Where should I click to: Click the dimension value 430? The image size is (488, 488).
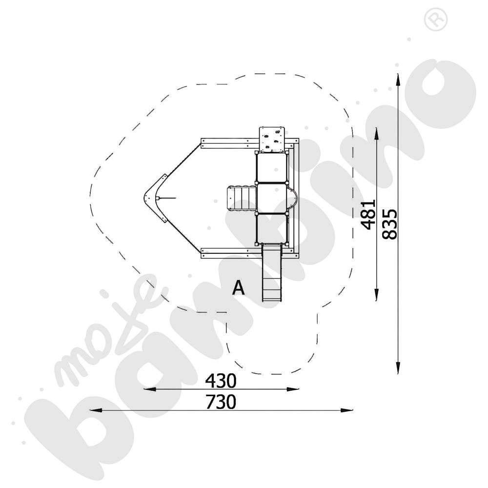221,380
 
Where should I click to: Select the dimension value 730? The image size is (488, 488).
221,402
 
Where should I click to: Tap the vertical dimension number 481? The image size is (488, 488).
368,214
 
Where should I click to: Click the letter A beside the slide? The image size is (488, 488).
238,288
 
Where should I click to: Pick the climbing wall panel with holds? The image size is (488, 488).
272,139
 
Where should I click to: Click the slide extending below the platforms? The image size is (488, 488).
272,273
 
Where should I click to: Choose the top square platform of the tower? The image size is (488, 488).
271,168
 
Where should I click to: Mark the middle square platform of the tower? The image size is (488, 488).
271,198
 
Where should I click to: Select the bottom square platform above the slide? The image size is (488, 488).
271,228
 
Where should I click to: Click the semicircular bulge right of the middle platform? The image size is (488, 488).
292,198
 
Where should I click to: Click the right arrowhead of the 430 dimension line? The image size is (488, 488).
295,389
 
